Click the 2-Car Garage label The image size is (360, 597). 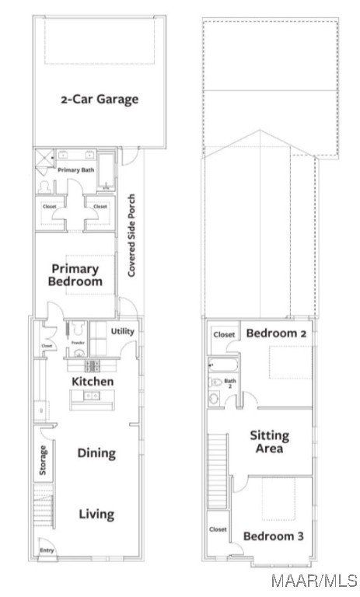[x=100, y=99]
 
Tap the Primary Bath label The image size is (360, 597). [x=75, y=169]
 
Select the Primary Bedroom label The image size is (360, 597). [x=75, y=276]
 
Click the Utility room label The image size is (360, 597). [x=122, y=332]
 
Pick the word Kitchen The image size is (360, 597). [x=93, y=382]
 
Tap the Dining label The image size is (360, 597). [x=96, y=452]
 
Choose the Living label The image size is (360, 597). [x=96, y=514]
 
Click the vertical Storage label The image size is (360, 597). [x=44, y=459]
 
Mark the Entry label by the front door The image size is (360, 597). [x=47, y=553]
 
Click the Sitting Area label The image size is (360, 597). [x=269, y=442]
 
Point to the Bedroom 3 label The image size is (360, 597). [x=274, y=536]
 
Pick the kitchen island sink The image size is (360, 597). [x=93, y=396]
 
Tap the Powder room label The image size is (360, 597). [x=77, y=343]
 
